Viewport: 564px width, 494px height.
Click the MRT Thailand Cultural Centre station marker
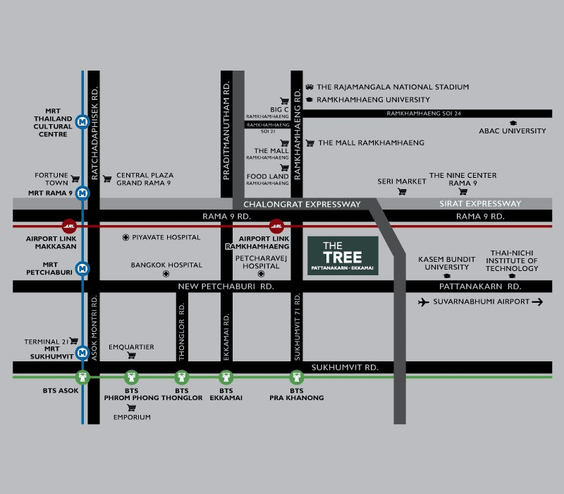(82, 121)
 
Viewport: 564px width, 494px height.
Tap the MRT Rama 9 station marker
(82, 193)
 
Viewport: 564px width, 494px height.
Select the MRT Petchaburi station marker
(82, 269)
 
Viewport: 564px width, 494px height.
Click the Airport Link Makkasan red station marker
(69, 226)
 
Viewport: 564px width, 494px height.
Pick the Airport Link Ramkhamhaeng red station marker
(276, 226)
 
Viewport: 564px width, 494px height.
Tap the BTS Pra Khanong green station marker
(296, 378)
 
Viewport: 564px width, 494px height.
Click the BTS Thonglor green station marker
(182, 378)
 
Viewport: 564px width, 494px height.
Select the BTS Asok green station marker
(82, 378)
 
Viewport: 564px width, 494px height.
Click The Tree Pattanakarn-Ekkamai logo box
(343, 255)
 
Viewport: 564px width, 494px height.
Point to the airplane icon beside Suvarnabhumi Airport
(424, 302)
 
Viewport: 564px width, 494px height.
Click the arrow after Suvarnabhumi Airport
(537, 302)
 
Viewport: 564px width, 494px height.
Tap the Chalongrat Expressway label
(302, 205)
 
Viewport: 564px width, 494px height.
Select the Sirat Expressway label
(480, 204)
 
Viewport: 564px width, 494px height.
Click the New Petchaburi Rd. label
(226, 287)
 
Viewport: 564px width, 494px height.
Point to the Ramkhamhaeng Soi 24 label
(424, 114)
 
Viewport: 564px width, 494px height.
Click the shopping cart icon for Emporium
(132, 408)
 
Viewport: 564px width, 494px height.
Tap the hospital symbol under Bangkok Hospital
(166, 274)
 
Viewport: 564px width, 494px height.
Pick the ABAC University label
(513, 131)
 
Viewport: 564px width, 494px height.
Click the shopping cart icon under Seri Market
(402, 191)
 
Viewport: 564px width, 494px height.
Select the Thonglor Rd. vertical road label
(182, 331)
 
